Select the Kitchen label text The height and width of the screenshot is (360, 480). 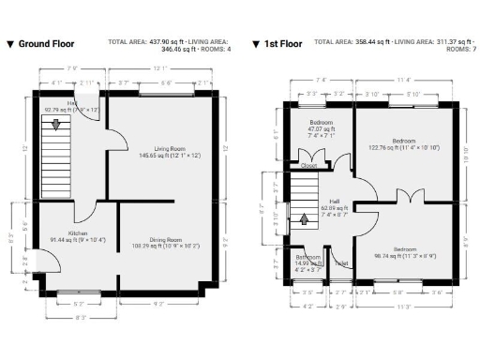77,232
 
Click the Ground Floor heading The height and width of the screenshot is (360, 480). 46,43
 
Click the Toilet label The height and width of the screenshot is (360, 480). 341,263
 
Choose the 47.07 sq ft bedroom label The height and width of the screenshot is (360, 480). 322,123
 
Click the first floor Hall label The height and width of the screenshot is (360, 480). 334,200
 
